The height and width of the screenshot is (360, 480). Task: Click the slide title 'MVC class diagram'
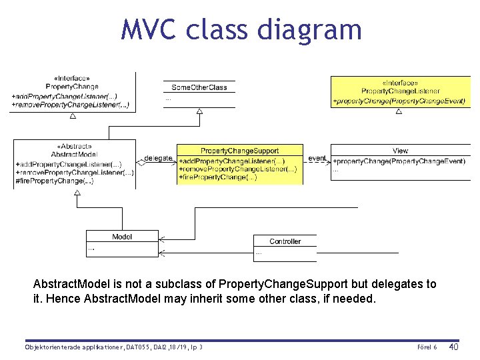tap(241, 30)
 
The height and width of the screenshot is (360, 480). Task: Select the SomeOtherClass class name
tap(199, 87)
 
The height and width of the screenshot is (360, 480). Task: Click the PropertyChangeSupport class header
tap(239, 151)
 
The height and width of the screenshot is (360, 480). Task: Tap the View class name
tap(400, 151)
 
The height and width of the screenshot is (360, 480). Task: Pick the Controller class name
tap(285, 241)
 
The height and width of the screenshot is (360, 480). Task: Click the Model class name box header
tap(122, 237)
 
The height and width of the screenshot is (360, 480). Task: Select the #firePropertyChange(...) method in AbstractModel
tap(55, 181)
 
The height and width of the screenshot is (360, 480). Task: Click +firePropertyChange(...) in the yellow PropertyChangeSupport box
tap(218, 177)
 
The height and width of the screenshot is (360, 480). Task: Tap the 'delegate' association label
tap(159, 159)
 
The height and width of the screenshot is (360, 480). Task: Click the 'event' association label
tap(317, 159)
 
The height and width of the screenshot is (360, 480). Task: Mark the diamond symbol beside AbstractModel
tap(141, 161)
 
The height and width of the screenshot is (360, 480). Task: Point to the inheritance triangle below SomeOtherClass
tap(199, 112)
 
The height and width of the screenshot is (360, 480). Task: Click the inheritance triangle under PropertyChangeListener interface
tap(399, 111)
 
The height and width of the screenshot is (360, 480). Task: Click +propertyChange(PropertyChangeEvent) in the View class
tap(399, 161)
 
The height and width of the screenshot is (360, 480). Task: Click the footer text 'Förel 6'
tap(427, 347)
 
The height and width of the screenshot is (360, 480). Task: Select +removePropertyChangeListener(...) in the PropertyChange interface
tap(70, 105)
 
